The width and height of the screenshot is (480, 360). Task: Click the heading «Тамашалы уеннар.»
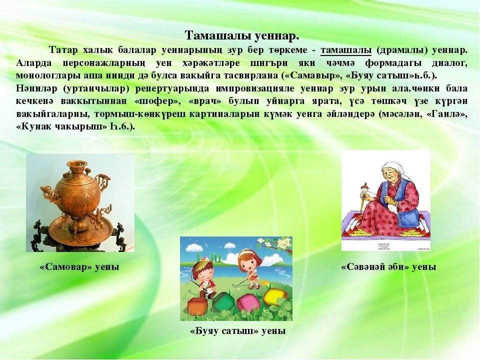[242, 35]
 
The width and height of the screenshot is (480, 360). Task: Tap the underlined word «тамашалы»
[346, 50]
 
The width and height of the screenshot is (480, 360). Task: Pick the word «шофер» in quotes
[155, 101]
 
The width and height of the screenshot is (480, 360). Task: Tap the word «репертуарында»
[172, 89]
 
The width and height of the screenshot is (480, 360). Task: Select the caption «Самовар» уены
[79, 267]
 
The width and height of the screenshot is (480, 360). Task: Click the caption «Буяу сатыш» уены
[238, 331]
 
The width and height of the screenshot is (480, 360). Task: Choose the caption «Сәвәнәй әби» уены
[388, 267]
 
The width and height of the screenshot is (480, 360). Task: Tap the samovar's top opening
[79, 163]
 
